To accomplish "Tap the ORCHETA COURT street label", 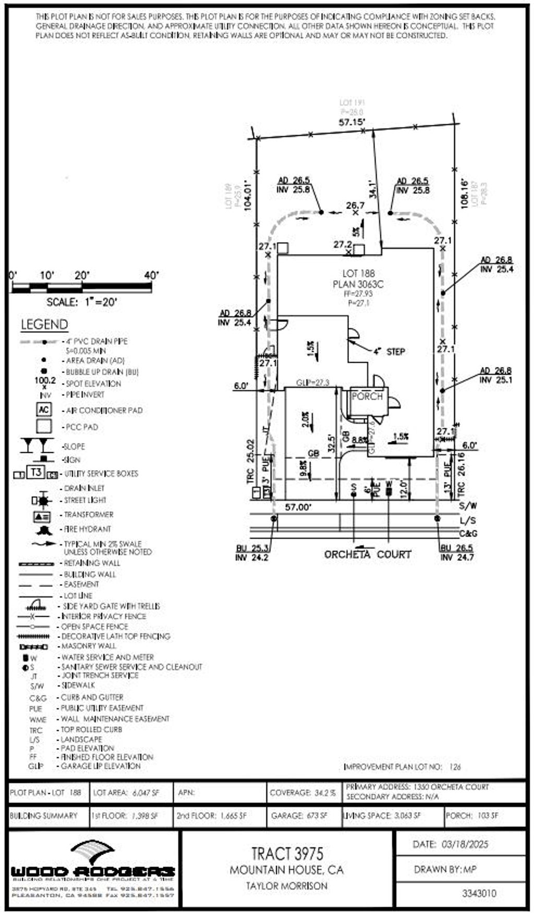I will [368, 554].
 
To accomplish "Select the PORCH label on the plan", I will [367, 397].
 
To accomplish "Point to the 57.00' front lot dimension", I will [298, 507].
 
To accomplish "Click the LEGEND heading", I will [44, 325].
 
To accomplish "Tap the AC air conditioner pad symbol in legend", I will [44, 410].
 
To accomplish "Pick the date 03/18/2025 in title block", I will [451, 844].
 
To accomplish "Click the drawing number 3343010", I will [479, 893].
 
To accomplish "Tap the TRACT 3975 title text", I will [287, 854].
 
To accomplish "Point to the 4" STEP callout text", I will [389, 352].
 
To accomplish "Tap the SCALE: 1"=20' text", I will [82, 302].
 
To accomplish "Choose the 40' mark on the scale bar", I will [151, 275].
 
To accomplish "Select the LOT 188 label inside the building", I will [358, 273].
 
